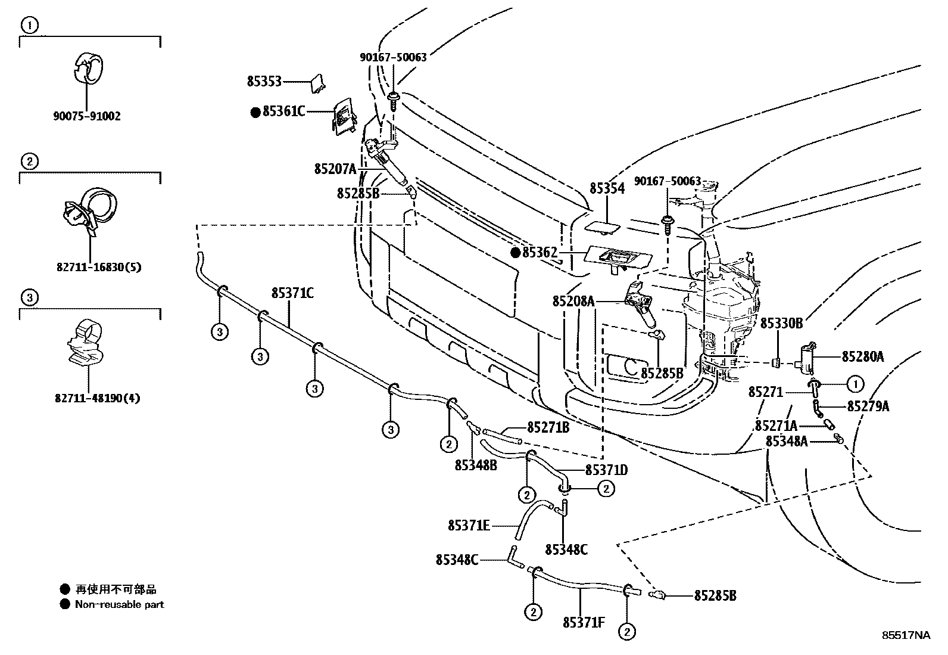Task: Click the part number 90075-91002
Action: [x=86, y=116]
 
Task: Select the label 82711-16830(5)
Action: [x=99, y=267]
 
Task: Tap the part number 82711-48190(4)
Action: [x=97, y=398]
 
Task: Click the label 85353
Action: [x=264, y=82]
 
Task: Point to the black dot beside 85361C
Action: [x=255, y=111]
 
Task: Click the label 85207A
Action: [x=335, y=169]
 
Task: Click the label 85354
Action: [x=607, y=189]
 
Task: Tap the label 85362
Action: [x=539, y=253]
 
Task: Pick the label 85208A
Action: [x=573, y=302]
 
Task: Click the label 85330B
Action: [x=781, y=324]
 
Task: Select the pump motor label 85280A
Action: [x=862, y=357]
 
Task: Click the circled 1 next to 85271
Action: [x=855, y=384]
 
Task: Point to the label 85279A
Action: [x=868, y=406]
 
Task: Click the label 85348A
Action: [x=786, y=441]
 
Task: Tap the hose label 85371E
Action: [x=469, y=526]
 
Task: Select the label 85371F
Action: [x=584, y=623]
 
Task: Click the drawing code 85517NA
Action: [x=905, y=635]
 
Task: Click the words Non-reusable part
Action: [x=119, y=604]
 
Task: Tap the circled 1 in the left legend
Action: [x=30, y=25]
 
